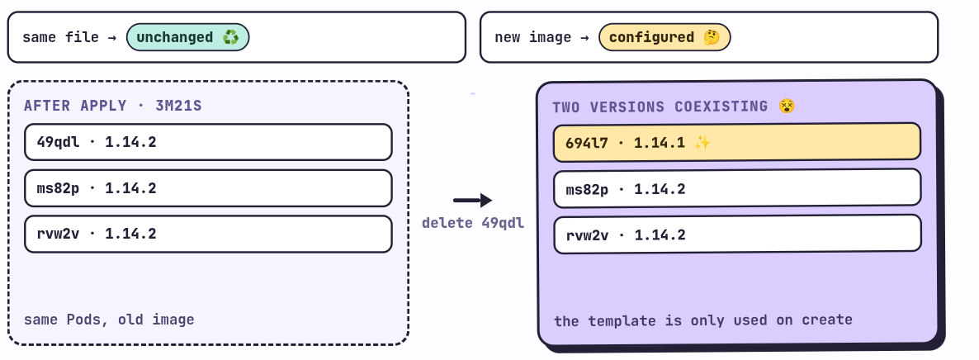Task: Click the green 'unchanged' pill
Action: pyautogui.click(x=188, y=37)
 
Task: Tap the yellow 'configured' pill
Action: pyautogui.click(x=664, y=37)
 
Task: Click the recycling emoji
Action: pyautogui.click(x=231, y=37)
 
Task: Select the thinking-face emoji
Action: pyautogui.click(x=712, y=37)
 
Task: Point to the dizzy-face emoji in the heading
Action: pyautogui.click(x=787, y=107)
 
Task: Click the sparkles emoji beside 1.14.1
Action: pyautogui.click(x=702, y=143)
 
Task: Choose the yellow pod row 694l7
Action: pyautogui.click(x=737, y=143)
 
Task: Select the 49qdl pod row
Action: pyautogui.click(x=209, y=143)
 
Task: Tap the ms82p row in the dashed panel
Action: pyautogui.click(x=209, y=188)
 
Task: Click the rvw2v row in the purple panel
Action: pyautogui.click(x=737, y=234)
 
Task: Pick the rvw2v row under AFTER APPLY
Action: pyautogui.click(x=209, y=234)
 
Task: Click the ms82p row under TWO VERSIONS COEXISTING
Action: pyautogui.click(x=737, y=188)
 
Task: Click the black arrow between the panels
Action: pyautogui.click(x=473, y=200)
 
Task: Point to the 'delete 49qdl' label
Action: pyautogui.click(x=473, y=223)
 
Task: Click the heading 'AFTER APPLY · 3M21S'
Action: pyautogui.click(x=113, y=106)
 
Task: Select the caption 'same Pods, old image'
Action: pyautogui.click(x=109, y=320)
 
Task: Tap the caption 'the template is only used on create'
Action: pyautogui.click(x=703, y=320)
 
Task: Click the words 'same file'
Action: pyautogui.click(x=60, y=37)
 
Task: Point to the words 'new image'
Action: pyautogui.click(x=532, y=37)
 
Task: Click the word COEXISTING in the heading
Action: pyautogui.click(x=721, y=107)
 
